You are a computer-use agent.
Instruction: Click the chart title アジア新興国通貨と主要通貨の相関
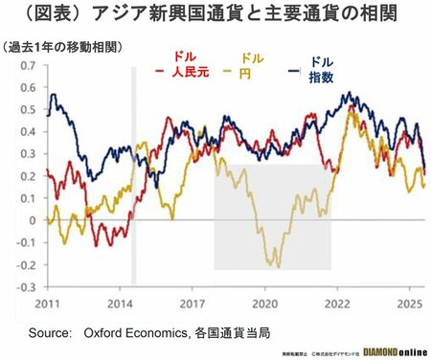215,16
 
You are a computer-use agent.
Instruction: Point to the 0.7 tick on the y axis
27,65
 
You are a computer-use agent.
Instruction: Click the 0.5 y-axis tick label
27,109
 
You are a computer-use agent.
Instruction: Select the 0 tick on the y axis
34,220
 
